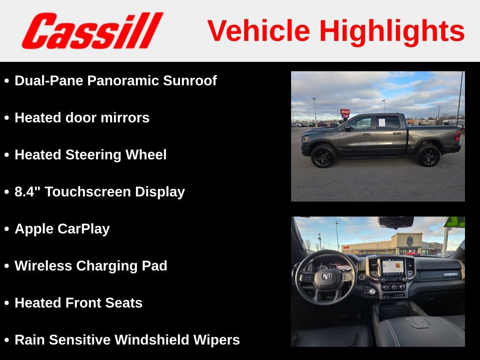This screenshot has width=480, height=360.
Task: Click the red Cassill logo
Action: click(x=92, y=31)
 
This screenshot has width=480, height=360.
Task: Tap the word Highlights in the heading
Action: click(x=392, y=31)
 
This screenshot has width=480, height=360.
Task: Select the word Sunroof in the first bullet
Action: click(x=190, y=81)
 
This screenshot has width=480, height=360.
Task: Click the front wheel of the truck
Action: click(x=323, y=156)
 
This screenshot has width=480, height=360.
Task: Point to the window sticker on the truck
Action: click(x=381, y=122)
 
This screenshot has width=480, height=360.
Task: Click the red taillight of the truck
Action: click(x=457, y=135)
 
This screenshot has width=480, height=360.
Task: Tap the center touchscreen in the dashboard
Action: click(x=392, y=266)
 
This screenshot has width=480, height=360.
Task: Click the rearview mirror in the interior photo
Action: click(x=396, y=222)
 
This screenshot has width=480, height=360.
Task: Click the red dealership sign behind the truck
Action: click(x=345, y=112)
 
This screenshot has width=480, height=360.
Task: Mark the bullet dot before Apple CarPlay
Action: click(x=7, y=229)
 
